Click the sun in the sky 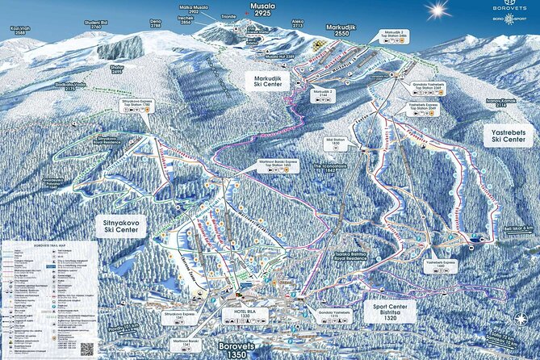coord(438,10)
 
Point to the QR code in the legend coord(86,350)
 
